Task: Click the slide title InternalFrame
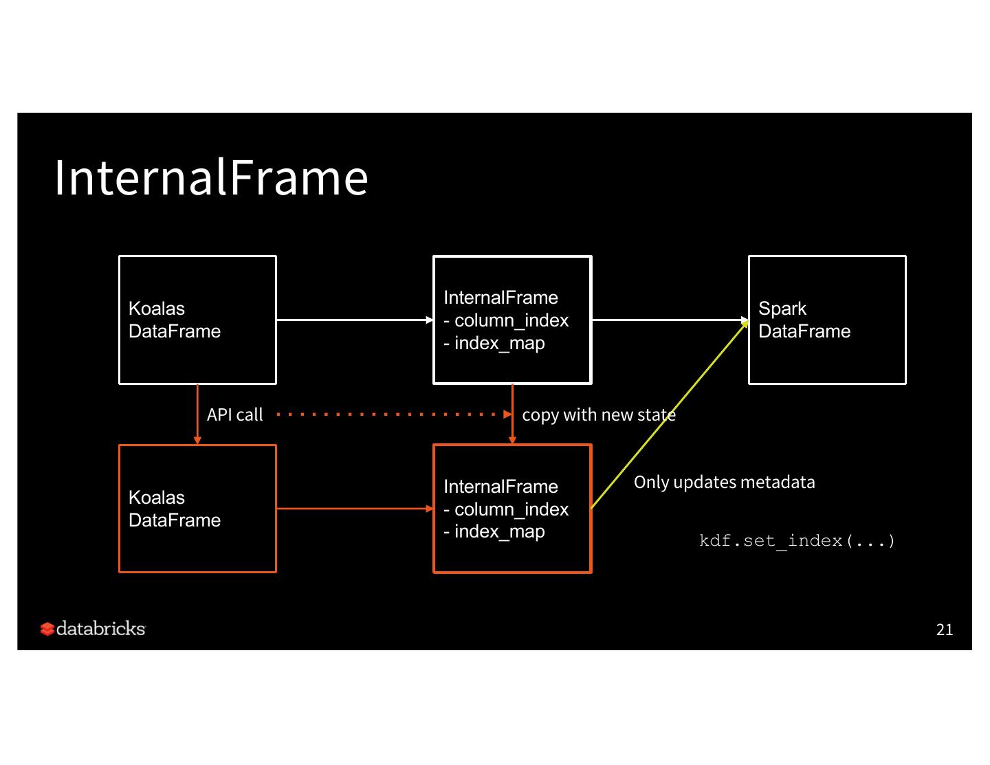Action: click(211, 177)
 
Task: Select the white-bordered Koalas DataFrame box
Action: click(197, 320)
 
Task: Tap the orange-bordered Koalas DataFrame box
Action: click(197, 509)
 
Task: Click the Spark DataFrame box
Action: click(827, 320)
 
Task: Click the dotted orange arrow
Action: click(392, 414)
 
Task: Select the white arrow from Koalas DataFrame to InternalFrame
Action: click(353, 320)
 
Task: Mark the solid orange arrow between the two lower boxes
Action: click(353, 509)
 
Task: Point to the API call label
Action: click(235, 415)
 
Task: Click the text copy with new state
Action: click(598, 415)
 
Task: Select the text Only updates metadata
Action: click(724, 483)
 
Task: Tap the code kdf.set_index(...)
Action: click(797, 541)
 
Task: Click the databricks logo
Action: click(93, 628)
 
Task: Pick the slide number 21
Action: click(945, 630)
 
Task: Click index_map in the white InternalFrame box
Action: click(499, 343)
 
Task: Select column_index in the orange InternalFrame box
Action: click(511, 509)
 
